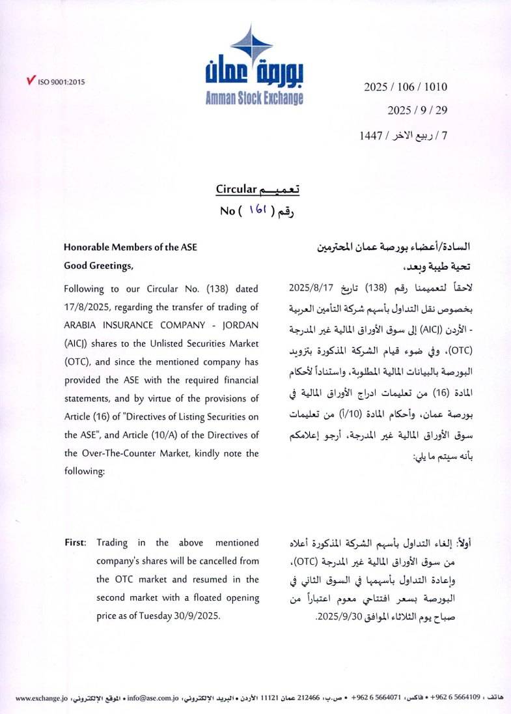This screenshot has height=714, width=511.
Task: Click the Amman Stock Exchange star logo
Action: [x=251, y=45]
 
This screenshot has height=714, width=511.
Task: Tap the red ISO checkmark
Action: [x=30, y=81]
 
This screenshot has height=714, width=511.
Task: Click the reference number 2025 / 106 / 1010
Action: [x=406, y=87]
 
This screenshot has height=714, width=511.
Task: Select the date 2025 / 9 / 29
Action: [x=417, y=110]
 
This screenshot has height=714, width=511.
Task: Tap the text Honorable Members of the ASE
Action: [x=130, y=248]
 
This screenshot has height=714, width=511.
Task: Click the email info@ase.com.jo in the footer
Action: [x=152, y=698]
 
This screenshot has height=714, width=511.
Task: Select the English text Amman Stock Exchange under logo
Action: [x=254, y=98]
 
